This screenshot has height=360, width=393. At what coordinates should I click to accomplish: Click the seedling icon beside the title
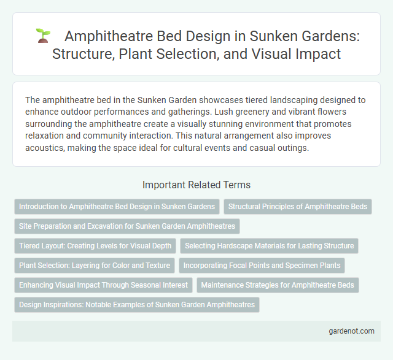[42, 35]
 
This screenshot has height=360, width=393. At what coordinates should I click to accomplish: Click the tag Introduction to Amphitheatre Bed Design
[117, 207]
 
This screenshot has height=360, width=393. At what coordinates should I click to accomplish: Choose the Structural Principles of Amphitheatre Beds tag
[298, 207]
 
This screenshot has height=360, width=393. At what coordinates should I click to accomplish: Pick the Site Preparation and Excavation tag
[126, 226]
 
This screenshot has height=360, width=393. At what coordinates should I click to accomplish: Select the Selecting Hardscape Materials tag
[269, 246]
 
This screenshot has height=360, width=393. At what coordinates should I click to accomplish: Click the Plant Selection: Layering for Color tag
[94, 266]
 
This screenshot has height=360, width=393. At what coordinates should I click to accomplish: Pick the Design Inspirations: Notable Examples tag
[137, 305]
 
